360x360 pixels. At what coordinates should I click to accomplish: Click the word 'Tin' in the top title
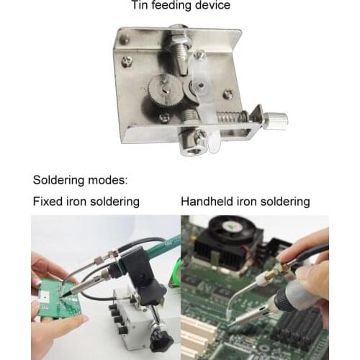coord(139,6)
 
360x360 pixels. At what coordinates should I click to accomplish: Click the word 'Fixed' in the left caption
coord(48,201)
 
